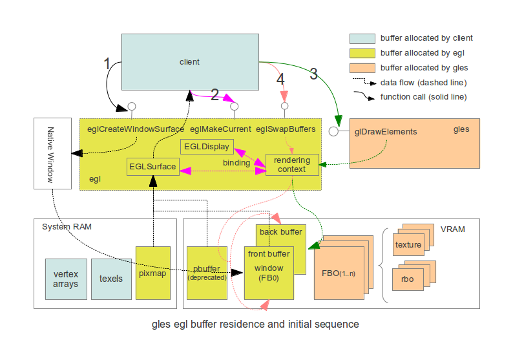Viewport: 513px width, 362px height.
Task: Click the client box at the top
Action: click(189, 62)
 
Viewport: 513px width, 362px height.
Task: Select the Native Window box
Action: click(52, 154)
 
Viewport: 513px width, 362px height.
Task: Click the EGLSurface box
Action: click(152, 167)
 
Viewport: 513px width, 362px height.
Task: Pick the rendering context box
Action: click(292, 165)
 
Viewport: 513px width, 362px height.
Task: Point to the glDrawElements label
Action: click(386, 132)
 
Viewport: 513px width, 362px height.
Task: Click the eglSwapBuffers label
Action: click(286, 129)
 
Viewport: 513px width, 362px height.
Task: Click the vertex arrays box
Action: click(66, 279)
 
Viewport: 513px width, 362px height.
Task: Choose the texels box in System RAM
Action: click(111, 279)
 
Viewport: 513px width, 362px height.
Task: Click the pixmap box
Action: click(153, 273)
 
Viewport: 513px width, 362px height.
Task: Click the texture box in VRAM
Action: click(408, 245)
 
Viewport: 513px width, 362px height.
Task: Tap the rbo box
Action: click(408, 279)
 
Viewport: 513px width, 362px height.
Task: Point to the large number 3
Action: click(313, 73)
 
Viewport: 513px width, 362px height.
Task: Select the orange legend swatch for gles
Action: click(361, 67)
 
